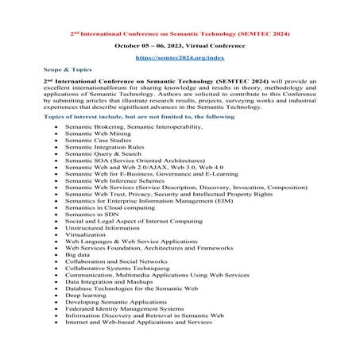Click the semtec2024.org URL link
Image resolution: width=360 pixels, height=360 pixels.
(x=180, y=59)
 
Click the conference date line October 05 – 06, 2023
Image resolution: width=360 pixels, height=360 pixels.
(x=180, y=46)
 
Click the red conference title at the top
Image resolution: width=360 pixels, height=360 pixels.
(x=180, y=34)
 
